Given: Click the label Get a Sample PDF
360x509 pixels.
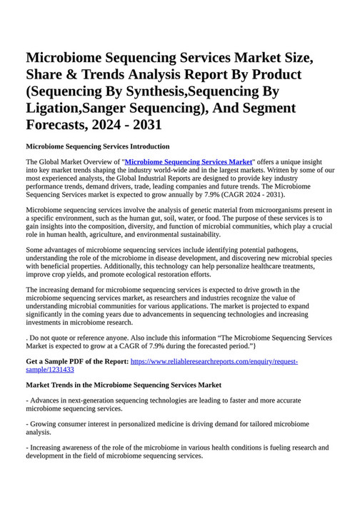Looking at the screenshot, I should click(x=76, y=361).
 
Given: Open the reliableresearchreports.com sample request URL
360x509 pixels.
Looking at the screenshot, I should click(x=214, y=361).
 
